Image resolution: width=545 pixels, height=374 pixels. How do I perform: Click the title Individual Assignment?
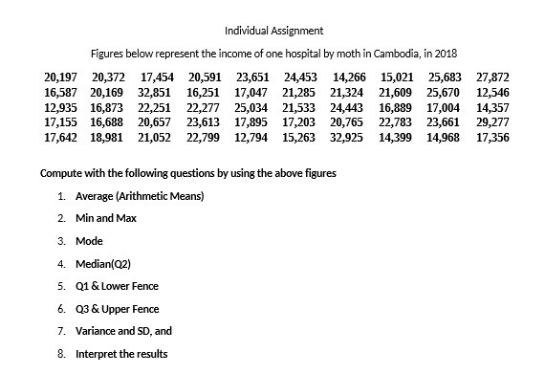[273, 31]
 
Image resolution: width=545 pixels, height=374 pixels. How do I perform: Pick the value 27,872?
[492, 76]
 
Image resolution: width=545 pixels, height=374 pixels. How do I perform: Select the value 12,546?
[492, 91]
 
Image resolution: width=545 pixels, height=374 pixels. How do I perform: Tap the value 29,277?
[492, 122]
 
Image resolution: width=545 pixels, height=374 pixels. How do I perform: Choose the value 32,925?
[348, 138]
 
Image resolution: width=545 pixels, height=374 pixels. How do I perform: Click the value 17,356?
[492, 138]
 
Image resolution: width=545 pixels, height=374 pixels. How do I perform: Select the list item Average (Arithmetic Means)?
[140, 197]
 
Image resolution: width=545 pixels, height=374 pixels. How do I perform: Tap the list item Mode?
[89, 241]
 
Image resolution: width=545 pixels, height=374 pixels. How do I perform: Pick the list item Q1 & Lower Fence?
[117, 286]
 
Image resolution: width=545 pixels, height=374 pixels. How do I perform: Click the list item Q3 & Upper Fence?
[118, 308]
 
